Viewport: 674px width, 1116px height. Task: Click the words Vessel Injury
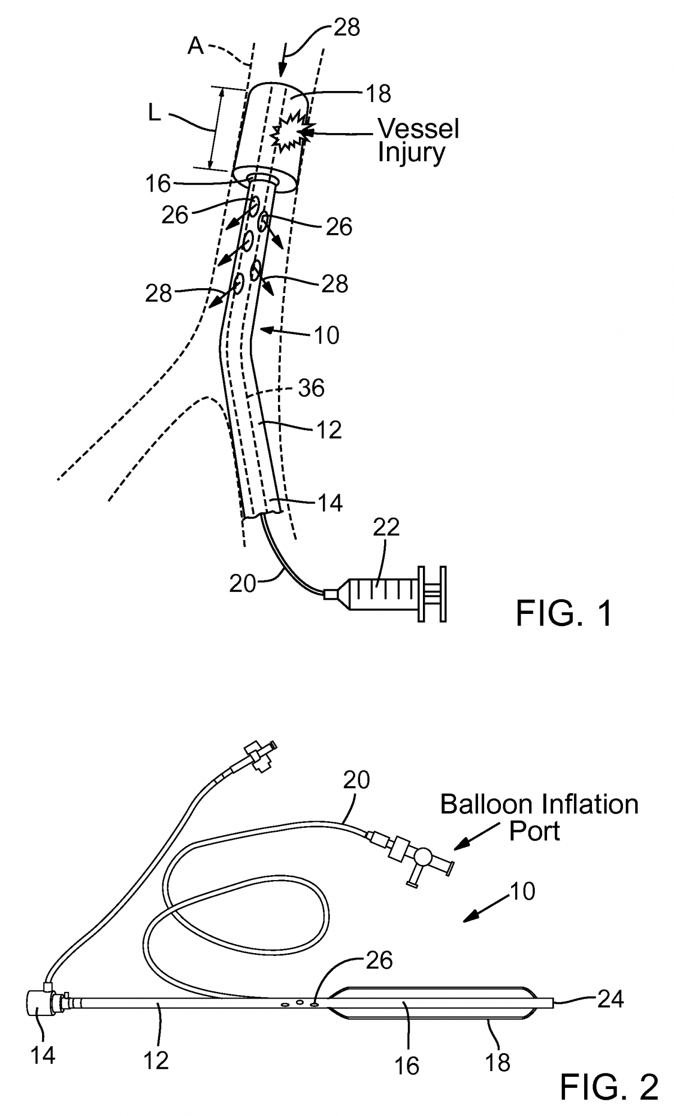coord(418,140)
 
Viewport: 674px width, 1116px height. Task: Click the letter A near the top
coord(195,47)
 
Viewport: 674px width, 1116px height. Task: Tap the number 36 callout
coord(311,388)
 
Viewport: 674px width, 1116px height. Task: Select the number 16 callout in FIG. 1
coord(157,183)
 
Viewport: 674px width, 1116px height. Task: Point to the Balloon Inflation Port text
coord(538,817)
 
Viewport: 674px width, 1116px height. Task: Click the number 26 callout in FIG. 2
coord(379,961)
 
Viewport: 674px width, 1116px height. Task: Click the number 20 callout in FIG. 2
coord(356,780)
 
